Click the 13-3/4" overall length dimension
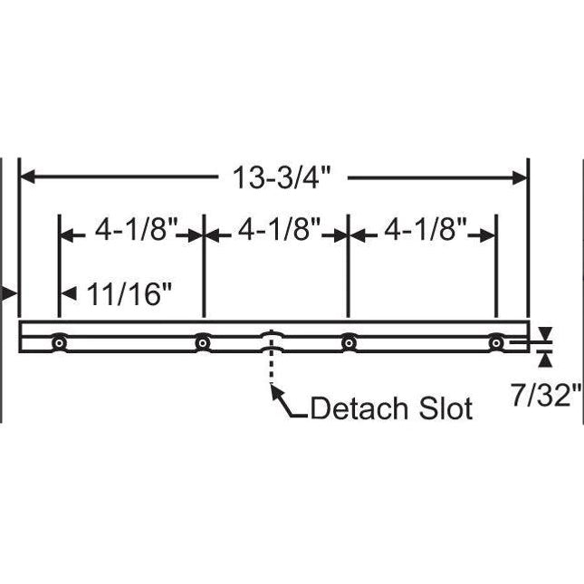[273, 178]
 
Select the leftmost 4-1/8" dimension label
[130, 233]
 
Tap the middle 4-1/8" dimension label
[275, 233]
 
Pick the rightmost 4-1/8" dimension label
[422, 233]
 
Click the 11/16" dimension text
[129, 293]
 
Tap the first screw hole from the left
[59, 344]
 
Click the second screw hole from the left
[203, 344]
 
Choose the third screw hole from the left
[349, 344]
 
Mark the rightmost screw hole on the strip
[495, 344]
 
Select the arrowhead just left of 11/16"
[67, 293]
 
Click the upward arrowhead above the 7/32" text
[544, 359]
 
